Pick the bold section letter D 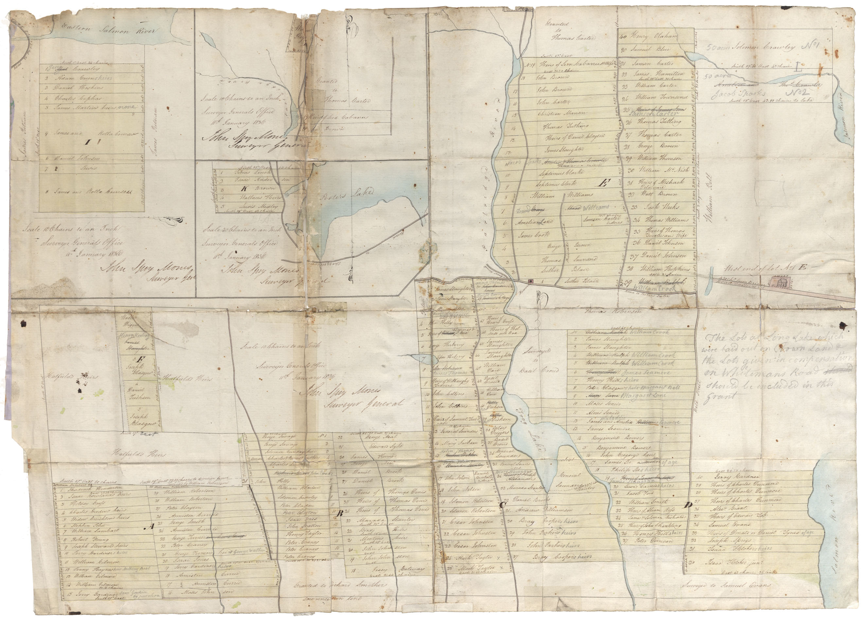coord(687,506)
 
